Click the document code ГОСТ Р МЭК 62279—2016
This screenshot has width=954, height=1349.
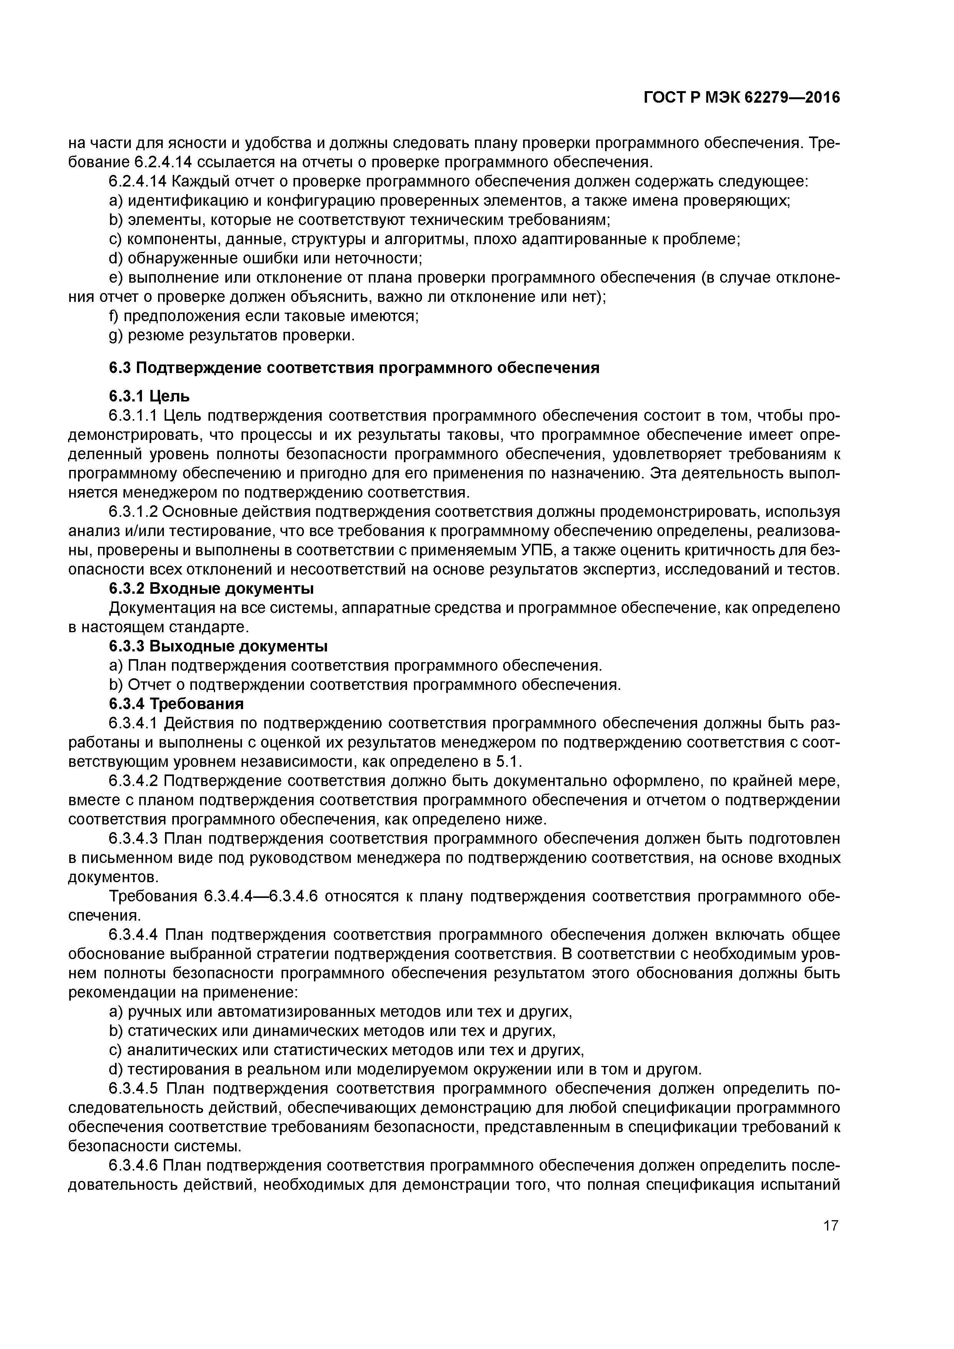coord(742,98)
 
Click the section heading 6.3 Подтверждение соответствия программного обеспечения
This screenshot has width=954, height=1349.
coord(354,368)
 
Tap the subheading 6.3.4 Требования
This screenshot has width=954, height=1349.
coord(176,704)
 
